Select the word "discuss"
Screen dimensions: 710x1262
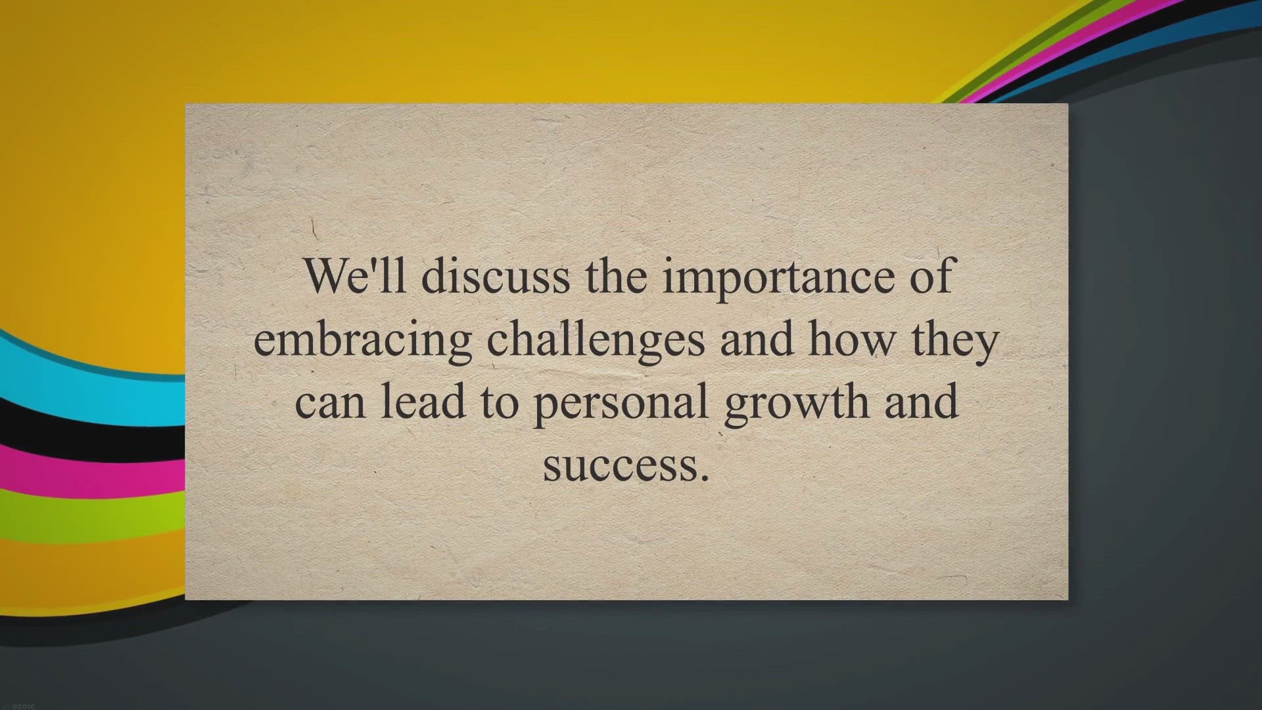496,276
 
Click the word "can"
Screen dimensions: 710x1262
329,404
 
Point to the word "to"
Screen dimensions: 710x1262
500,402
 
